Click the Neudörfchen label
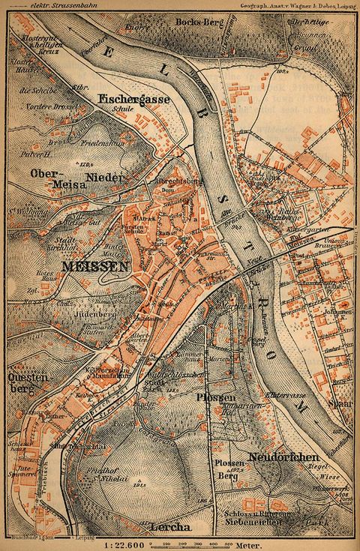[298, 457]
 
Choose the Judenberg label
[99, 314]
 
